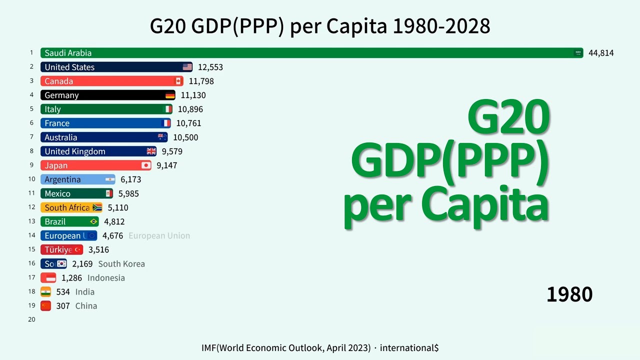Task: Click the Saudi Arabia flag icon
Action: point(578,53)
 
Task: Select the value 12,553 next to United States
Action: point(210,67)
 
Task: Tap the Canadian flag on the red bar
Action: point(178,81)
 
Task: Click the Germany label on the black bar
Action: point(61,95)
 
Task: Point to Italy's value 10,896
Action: point(190,109)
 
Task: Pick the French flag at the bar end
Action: point(166,123)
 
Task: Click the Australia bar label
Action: point(60,137)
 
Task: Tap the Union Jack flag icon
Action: point(151,151)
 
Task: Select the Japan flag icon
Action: point(145,165)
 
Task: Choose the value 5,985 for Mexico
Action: point(128,193)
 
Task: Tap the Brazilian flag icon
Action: point(93,221)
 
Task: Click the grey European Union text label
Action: point(159,235)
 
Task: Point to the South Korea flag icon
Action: point(61,263)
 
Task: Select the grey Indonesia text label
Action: point(106,277)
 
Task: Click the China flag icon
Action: point(46,305)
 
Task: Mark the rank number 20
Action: point(31,319)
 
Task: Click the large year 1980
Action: point(569,294)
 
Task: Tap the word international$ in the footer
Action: point(408,347)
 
